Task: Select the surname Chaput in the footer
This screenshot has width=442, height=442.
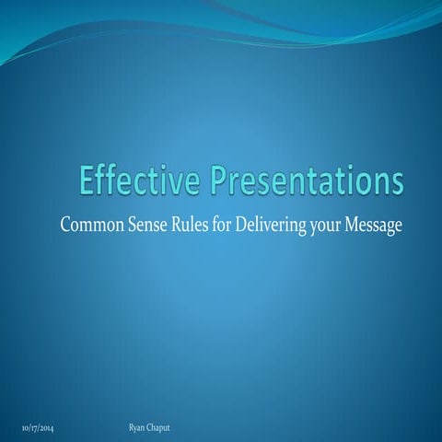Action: [164, 430]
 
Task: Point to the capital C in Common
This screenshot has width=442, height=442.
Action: [64, 225]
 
